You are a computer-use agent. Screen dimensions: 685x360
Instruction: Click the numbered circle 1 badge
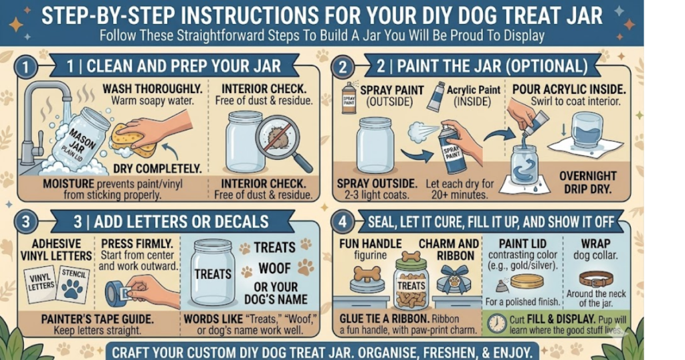[x=26, y=68]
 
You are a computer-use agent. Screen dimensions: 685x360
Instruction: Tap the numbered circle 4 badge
[x=342, y=221]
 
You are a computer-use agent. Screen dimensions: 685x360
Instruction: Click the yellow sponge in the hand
[x=134, y=140]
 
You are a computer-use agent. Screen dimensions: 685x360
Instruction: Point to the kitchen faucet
[x=43, y=123]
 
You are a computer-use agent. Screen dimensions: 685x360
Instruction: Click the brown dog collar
[x=596, y=278]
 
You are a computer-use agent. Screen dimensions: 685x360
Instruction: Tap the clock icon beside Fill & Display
[x=497, y=324]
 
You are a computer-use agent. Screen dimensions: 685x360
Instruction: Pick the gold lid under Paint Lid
[x=526, y=281]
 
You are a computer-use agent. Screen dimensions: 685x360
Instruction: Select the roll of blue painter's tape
[x=117, y=293]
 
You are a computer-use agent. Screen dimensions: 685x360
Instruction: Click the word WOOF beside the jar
[x=274, y=268]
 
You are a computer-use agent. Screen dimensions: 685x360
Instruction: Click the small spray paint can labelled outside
[x=349, y=98]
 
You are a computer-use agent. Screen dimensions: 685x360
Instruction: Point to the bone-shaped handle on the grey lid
[x=367, y=274]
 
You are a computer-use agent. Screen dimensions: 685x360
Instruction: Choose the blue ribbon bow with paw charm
[x=454, y=279]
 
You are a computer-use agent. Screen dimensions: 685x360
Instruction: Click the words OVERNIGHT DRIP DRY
[x=588, y=183]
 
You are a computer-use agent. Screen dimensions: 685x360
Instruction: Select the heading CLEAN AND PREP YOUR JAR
[x=183, y=66]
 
